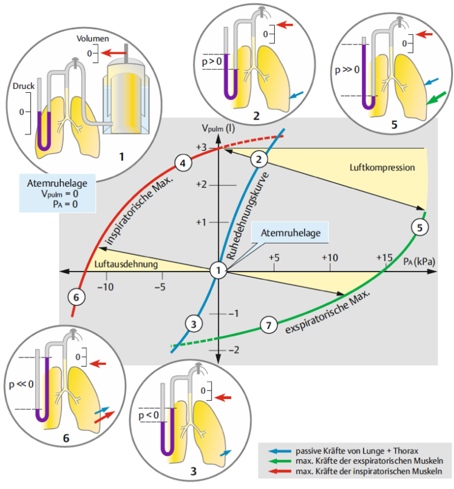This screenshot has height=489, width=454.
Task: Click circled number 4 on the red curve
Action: pyautogui.click(x=183, y=163)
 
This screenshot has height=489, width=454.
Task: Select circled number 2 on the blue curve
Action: pyautogui.click(x=259, y=160)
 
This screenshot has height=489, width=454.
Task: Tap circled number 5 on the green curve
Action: pyautogui.click(x=420, y=228)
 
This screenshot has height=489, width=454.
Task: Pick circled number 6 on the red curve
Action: pyautogui.click(x=76, y=297)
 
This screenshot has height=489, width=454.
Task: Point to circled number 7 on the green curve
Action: pyautogui.click(x=269, y=325)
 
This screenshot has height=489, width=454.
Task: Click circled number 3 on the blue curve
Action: pyautogui.click(x=194, y=323)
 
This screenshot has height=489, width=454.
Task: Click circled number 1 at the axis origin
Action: pyautogui.click(x=218, y=270)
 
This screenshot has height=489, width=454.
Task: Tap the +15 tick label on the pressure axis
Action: pyautogui.click(x=384, y=258)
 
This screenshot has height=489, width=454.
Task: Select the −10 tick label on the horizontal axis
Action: pyautogui.click(x=105, y=287)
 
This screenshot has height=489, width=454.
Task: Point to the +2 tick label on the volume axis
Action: pyautogui.click(x=202, y=184)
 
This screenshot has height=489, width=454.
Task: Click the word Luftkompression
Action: pyautogui.click(x=382, y=167)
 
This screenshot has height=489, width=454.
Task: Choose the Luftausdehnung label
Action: pyautogui.click(x=126, y=264)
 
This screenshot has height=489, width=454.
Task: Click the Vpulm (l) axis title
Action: pyautogui.click(x=218, y=128)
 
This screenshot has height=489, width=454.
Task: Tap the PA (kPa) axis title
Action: pyautogui.click(x=419, y=261)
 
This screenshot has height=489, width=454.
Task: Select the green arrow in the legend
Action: pyautogui.click(x=280, y=461)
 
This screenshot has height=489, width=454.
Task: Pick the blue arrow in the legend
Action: pyautogui.click(x=280, y=451)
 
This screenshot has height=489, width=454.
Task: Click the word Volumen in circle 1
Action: pyautogui.click(x=93, y=38)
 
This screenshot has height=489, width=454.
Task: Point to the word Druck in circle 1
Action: pyautogui.click(x=24, y=86)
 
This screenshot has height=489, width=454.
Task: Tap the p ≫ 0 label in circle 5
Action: pyautogui.click(x=347, y=70)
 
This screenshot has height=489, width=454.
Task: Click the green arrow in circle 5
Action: pyautogui.click(x=436, y=98)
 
